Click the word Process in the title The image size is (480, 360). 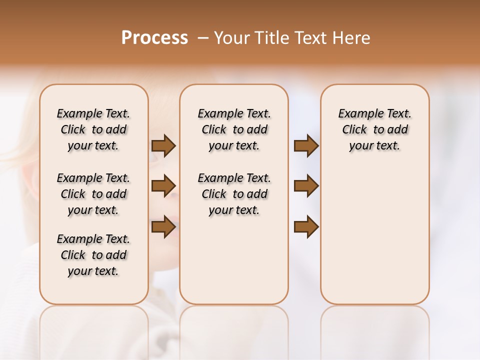coord(154,37)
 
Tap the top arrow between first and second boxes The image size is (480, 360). coord(163,146)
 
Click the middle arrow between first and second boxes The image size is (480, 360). coord(163,186)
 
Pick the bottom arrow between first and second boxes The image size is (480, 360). coord(163,227)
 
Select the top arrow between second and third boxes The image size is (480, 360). coord(306,146)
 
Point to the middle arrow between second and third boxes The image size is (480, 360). coord(306,186)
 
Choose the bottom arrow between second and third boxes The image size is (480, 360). coord(306,227)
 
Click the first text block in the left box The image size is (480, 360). coord(93,129)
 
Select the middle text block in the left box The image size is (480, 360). coord(93,194)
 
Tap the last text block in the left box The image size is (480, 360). coord(93,255)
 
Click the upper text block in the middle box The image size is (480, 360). coord(234,129)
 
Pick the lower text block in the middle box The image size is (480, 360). coord(234,194)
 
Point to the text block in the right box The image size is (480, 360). coord(374,129)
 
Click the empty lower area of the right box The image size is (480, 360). coord(374,235)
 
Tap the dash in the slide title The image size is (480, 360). coord(202,38)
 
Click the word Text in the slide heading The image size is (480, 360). coord(310,38)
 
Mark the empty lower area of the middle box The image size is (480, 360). coord(234,260)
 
